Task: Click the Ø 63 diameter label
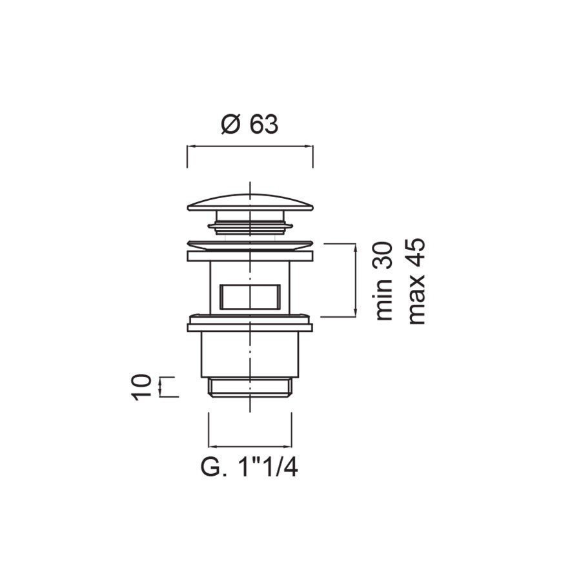tap(249, 124)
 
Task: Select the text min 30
tap(383, 281)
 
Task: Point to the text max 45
tap(416, 281)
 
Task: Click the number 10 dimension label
tap(141, 387)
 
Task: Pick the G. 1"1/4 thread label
tap(249, 467)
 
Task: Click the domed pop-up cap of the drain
tap(250, 202)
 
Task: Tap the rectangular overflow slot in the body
tap(249, 297)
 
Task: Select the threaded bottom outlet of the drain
tap(250, 387)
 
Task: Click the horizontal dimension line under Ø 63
tap(250, 147)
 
